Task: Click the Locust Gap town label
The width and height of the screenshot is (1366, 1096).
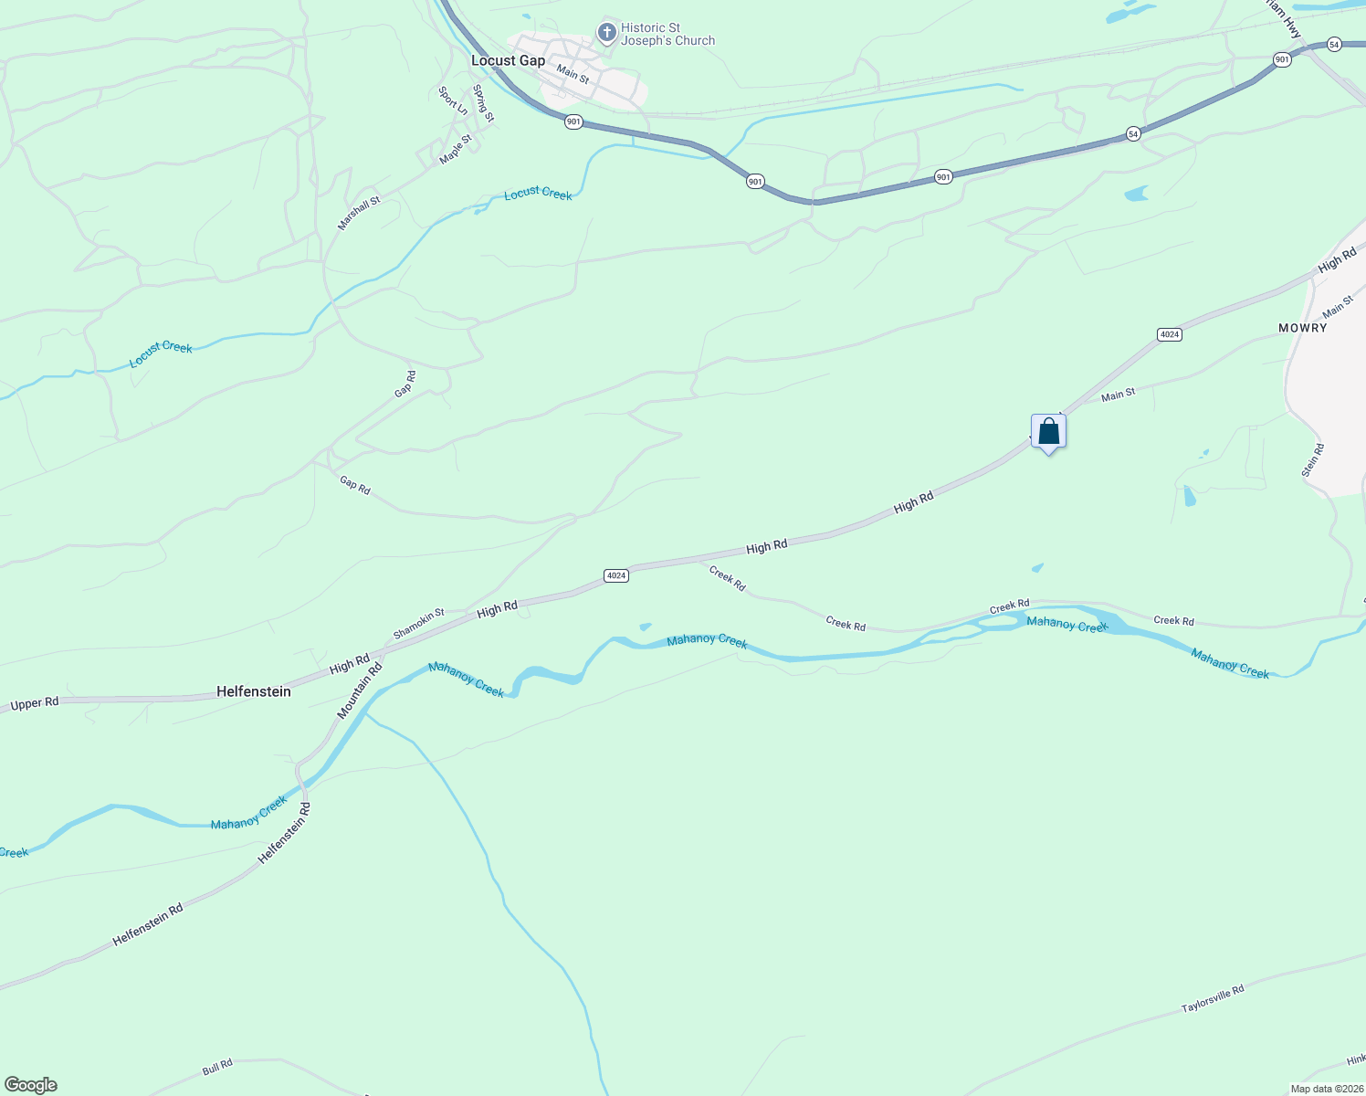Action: click(508, 60)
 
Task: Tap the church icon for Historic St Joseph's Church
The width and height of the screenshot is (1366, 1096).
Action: click(606, 34)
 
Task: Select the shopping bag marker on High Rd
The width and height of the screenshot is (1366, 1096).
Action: click(1048, 431)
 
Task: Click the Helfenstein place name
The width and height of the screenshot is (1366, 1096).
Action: click(254, 691)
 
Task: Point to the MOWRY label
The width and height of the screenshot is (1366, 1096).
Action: click(1302, 328)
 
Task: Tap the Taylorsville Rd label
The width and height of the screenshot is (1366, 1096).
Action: click(1213, 998)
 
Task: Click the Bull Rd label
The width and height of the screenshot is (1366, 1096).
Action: click(217, 1066)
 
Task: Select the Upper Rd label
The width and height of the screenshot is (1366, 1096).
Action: click(35, 703)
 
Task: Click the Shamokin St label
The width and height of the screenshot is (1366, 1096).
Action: click(418, 624)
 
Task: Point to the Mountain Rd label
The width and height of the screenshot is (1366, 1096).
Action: click(360, 690)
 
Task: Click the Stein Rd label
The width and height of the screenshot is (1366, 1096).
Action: click(1312, 460)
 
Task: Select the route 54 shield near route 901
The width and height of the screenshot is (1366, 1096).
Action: click(1133, 134)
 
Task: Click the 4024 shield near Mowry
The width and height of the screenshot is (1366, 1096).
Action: click(1170, 334)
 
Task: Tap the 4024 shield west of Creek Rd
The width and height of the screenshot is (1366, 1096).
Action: click(616, 575)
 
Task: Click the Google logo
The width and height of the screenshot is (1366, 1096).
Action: click(31, 1085)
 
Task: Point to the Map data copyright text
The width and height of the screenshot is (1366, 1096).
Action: click(1326, 1089)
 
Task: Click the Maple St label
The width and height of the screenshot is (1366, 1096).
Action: click(456, 150)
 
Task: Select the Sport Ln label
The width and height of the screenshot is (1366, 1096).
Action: click(453, 100)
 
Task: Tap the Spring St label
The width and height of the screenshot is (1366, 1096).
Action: click(483, 103)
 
